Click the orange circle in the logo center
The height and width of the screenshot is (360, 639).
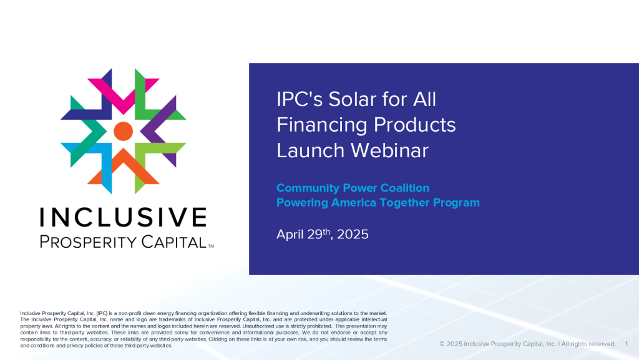pos(123,131)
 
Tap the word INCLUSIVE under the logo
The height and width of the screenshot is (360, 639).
pos(123,217)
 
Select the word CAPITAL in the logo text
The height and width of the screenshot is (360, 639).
pos(174,242)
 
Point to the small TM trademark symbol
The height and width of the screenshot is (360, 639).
pos(211,246)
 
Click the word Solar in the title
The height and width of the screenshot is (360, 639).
pos(353,99)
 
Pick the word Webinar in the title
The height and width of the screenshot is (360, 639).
pos(389,150)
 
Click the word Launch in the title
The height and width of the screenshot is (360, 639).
pos(311,150)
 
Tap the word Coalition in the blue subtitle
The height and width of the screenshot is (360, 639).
pos(404,188)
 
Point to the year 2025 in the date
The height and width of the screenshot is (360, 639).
pos(353,235)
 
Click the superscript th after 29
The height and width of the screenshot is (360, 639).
pos(326,231)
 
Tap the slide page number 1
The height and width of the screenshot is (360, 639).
pos(627,344)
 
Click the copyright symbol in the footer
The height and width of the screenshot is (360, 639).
pos(442,344)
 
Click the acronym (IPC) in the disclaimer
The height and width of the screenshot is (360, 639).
pos(102,313)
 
